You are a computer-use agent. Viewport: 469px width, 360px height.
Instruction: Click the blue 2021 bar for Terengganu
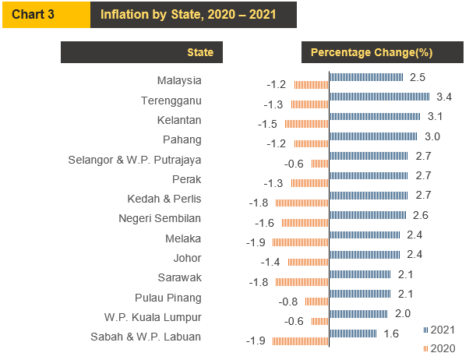[x=379, y=96]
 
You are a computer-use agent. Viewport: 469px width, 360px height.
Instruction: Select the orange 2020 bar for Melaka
[x=301, y=242]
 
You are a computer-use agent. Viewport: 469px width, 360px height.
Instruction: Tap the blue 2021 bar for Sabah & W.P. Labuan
[x=354, y=334]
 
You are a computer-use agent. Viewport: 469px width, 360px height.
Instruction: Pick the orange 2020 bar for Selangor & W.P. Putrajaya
[x=319, y=164]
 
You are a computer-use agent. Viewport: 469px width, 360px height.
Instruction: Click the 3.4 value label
[x=445, y=97]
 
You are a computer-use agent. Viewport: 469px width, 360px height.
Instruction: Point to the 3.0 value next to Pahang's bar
[x=432, y=136]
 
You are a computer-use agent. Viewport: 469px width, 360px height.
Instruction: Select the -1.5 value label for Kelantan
[x=268, y=124]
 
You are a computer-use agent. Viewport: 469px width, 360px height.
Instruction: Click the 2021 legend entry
[x=440, y=329]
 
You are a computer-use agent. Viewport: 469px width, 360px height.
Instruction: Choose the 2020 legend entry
[x=440, y=348]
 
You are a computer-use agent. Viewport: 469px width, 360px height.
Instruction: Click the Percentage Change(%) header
[x=372, y=52]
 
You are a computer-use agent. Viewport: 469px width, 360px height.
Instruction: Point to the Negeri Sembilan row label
[x=160, y=218]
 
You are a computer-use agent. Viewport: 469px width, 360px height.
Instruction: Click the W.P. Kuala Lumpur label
[x=153, y=317]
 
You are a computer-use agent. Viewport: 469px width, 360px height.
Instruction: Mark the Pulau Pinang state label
[x=167, y=298]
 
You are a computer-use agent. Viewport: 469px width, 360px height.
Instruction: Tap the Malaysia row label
[x=179, y=80]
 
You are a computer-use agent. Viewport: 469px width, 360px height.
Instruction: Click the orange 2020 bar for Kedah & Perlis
[x=302, y=203]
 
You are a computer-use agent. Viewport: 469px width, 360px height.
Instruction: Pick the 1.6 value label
[x=392, y=334]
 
